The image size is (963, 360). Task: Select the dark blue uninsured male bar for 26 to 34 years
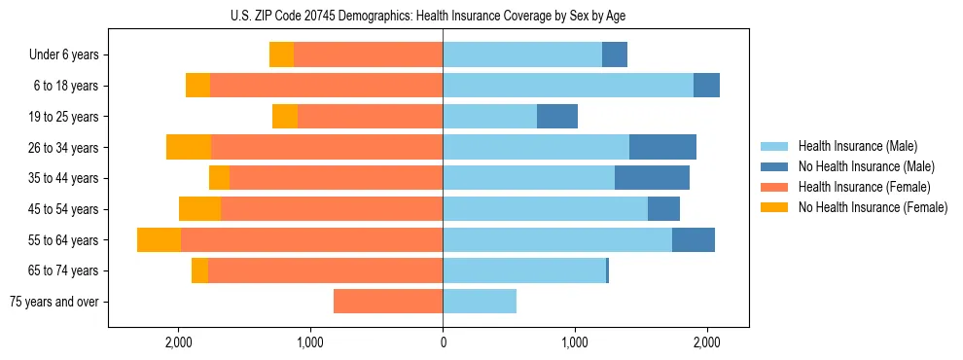[x=662, y=147]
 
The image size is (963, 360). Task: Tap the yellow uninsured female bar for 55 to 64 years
[x=159, y=239]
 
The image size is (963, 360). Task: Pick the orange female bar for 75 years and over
[x=388, y=302]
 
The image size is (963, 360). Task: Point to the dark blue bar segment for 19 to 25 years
[x=557, y=116]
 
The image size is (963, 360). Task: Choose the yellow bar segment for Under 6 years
[x=281, y=54]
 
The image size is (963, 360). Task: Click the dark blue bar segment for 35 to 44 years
[x=652, y=178]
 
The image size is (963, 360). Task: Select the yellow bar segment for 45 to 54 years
[x=199, y=208]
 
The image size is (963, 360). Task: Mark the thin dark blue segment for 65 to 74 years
[x=608, y=270]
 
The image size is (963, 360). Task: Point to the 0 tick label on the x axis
[x=443, y=342]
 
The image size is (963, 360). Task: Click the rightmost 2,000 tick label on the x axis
[x=706, y=342]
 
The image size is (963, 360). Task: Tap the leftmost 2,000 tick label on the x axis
[x=178, y=342]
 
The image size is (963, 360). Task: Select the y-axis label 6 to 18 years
[x=66, y=86]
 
